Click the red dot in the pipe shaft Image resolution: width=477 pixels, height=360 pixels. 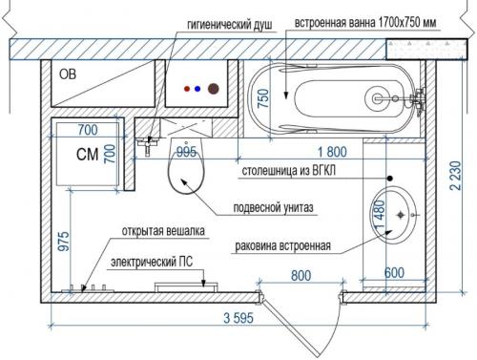187,89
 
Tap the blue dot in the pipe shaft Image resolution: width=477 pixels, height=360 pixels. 197,89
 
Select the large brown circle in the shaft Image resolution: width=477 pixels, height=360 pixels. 214,89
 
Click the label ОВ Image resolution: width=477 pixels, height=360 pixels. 68,74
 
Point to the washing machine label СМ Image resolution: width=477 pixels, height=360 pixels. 87,155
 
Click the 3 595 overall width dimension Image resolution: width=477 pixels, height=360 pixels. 238,318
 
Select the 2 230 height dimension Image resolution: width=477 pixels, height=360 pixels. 455,176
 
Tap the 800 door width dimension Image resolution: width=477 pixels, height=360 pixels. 301,276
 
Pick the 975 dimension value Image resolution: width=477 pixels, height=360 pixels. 64,242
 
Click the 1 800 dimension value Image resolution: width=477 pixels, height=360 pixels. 332,152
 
